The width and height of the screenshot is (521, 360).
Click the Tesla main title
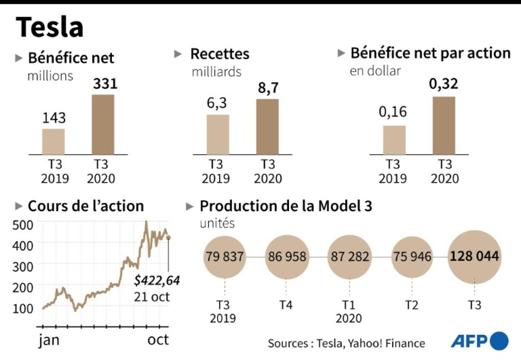pos(50,27)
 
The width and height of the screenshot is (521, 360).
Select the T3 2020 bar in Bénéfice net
pos(103,124)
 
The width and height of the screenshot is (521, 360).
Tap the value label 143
pos(54,118)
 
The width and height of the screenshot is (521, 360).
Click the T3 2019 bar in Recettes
pos(218,134)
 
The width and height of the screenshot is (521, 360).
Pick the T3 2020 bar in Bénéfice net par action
pos(444,125)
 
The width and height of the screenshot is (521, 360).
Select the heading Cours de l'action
pos(86,206)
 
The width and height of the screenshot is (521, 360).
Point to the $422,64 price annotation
pos(157,281)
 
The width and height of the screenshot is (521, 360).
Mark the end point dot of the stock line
pos(169,238)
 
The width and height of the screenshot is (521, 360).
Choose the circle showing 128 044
pos(475,257)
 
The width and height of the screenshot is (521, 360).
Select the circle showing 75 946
pos(411,257)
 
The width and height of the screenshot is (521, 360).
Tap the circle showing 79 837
pos(224,257)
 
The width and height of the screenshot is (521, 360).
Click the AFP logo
pos(480,341)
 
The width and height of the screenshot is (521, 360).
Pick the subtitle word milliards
pos(216,72)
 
